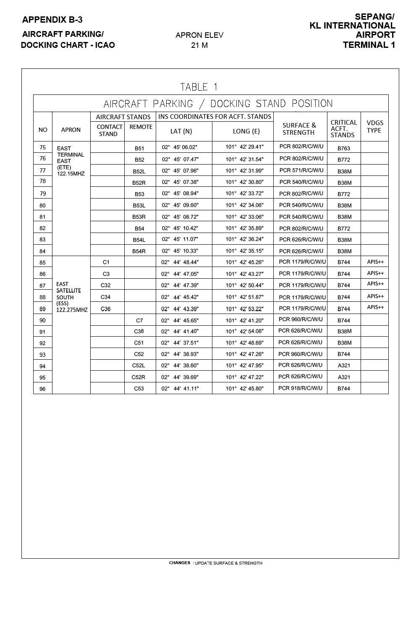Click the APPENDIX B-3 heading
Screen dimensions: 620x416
(x=52, y=20)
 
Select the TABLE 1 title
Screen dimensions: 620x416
(x=199, y=87)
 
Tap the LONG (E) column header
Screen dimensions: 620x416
(x=246, y=131)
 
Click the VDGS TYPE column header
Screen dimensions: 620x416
(x=374, y=126)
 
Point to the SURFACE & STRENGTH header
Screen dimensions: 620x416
(x=299, y=129)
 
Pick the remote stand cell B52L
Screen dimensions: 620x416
(x=139, y=171)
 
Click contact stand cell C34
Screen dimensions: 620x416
(x=106, y=297)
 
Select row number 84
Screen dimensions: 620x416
(x=42, y=251)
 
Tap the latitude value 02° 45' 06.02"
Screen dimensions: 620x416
(x=180, y=147)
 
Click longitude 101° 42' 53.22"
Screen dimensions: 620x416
(x=244, y=309)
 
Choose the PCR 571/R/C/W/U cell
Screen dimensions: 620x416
(x=301, y=170)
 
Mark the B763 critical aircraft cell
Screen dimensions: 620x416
(x=343, y=148)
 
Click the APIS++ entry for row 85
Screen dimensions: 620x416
(x=375, y=262)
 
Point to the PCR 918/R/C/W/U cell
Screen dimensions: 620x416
(x=300, y=388)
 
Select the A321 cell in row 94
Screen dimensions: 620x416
(x=344, y=366)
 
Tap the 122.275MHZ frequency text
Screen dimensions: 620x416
(x=72, y=310)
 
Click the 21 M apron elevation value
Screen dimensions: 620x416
(x=199, y=45)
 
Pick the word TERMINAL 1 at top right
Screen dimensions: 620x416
(x=369, y=45)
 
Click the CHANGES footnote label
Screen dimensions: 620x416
(x=180, y=563)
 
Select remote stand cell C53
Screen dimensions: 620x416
(x=139, y=389)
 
